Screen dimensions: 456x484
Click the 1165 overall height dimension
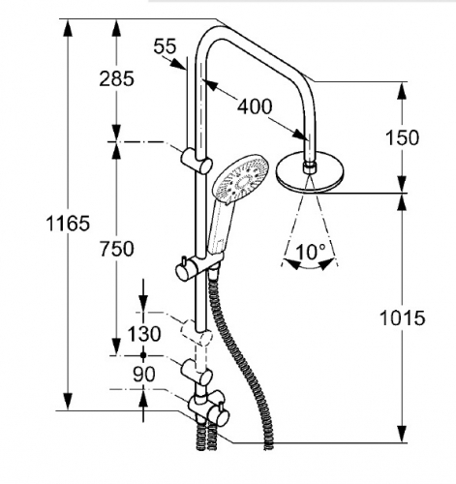[68, 224]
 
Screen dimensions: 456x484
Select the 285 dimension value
[116, 78]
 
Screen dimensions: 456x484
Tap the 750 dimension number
[116, 249]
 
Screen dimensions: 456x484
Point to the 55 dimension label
[165, 46]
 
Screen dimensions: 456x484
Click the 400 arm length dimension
[255, 106]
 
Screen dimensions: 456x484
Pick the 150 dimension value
[402, 137]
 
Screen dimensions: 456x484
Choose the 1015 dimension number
[402, 318]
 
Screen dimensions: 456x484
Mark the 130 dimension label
[144, 334]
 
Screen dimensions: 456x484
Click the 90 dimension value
[144, 375]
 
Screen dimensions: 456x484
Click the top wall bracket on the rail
[197, 161]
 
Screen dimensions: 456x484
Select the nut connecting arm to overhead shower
[309, 168]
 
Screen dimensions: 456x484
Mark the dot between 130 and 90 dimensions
[143, 355]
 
